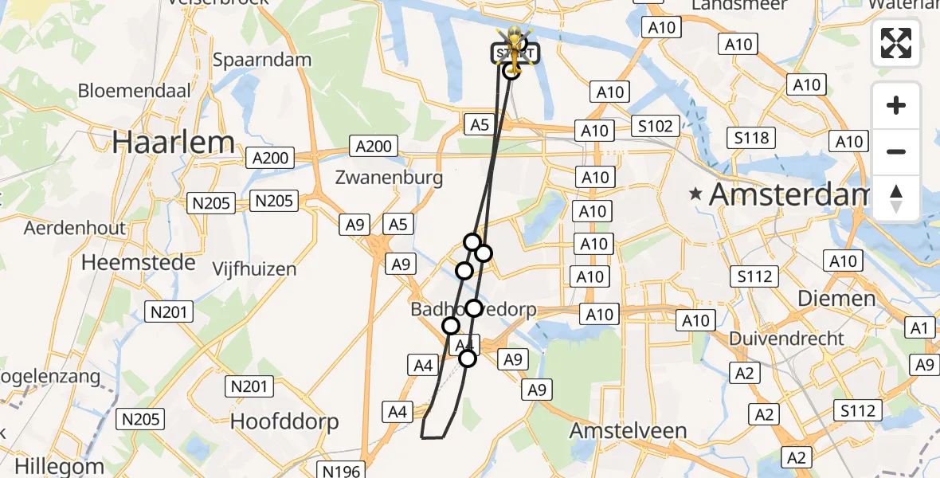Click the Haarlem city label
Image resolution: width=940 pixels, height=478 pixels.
pyautogui.click(x=174, y=143)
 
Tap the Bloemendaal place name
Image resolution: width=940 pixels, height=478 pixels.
pyautogui.click(x=134, y=90)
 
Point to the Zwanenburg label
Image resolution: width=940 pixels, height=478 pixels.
pyautogui.click(x=390, y=177)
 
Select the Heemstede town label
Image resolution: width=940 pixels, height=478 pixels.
pyautogui.click(x=139, y=262)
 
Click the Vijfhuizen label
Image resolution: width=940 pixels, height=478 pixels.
pyautogui.click(x=254, y=269)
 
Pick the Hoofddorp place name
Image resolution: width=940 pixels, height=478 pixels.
pyautogui.click(x=284, y=421)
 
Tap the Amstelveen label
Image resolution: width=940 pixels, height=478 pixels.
pyautogui.click(x=629, y=431)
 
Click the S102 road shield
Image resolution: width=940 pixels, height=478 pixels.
pyautogui.click(x=656, y=126)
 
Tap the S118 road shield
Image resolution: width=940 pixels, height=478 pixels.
pyautogui.click(x=752, y=138)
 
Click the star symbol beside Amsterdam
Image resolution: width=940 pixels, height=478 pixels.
pyautogui.click(x=697, y=193)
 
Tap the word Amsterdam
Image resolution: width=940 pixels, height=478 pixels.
pyautogui.click(x=789, y=194)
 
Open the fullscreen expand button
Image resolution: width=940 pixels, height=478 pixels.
pyautogui.click(x=896, y=43)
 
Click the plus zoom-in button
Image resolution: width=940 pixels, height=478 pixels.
pyautogui.click(x=896, y=105)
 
